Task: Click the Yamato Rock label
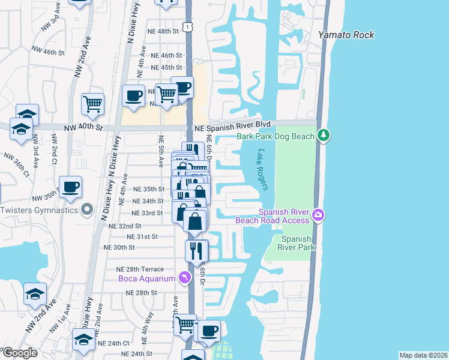346,35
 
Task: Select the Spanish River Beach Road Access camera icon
319,214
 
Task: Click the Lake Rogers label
262,169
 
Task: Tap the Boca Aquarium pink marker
185,278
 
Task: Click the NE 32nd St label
125,226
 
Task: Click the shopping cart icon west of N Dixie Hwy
92,103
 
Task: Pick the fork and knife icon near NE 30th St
196,250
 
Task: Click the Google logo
19,353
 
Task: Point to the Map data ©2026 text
423,355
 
